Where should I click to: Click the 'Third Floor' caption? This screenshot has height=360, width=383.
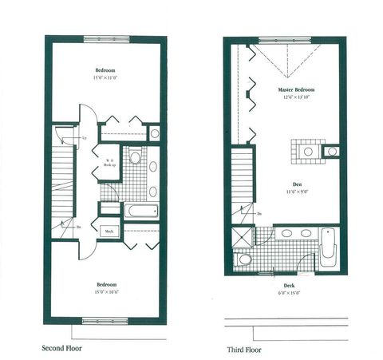click(x=247, y=349)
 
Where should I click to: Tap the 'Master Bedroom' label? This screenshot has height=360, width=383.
click(x=294, y=89)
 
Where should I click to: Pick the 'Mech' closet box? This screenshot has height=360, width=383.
click(x=109, y=231)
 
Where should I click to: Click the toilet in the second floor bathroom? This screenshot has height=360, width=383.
click(x=135, y=159)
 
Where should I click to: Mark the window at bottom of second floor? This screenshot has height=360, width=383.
click(x=106, y=321)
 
